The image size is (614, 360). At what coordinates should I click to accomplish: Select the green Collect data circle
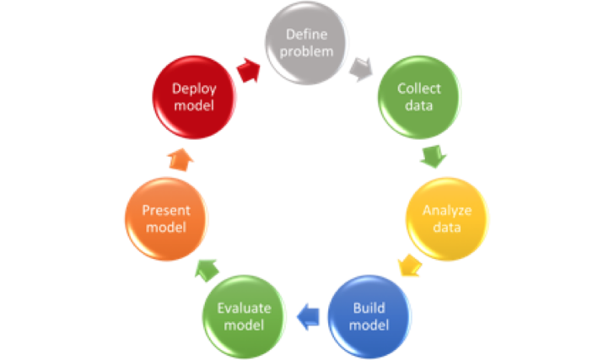pyautogui.click(x=418, y=97)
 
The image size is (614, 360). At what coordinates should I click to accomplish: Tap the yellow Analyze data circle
pyautogui.click(x=447, y=218)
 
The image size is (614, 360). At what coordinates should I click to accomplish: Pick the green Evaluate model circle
pyautogui.click(x=245, y=315)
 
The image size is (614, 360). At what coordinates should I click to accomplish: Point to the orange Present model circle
pyautogui.click(x=166, y=218)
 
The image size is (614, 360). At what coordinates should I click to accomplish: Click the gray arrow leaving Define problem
pyautogui.click(x=361, y=69)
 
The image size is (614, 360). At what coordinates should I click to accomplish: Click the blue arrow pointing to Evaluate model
pyautogui.click(x=307, y=315)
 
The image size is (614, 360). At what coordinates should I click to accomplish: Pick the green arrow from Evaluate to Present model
pyautogui.click(x=205, y=268)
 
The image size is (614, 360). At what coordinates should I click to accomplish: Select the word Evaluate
pyautogui.click(x=245, y=308)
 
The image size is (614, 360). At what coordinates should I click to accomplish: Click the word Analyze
pyautogui.click(x=447, y=210)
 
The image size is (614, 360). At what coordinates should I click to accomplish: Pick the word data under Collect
pyautogui.click(x=418, y=105)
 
